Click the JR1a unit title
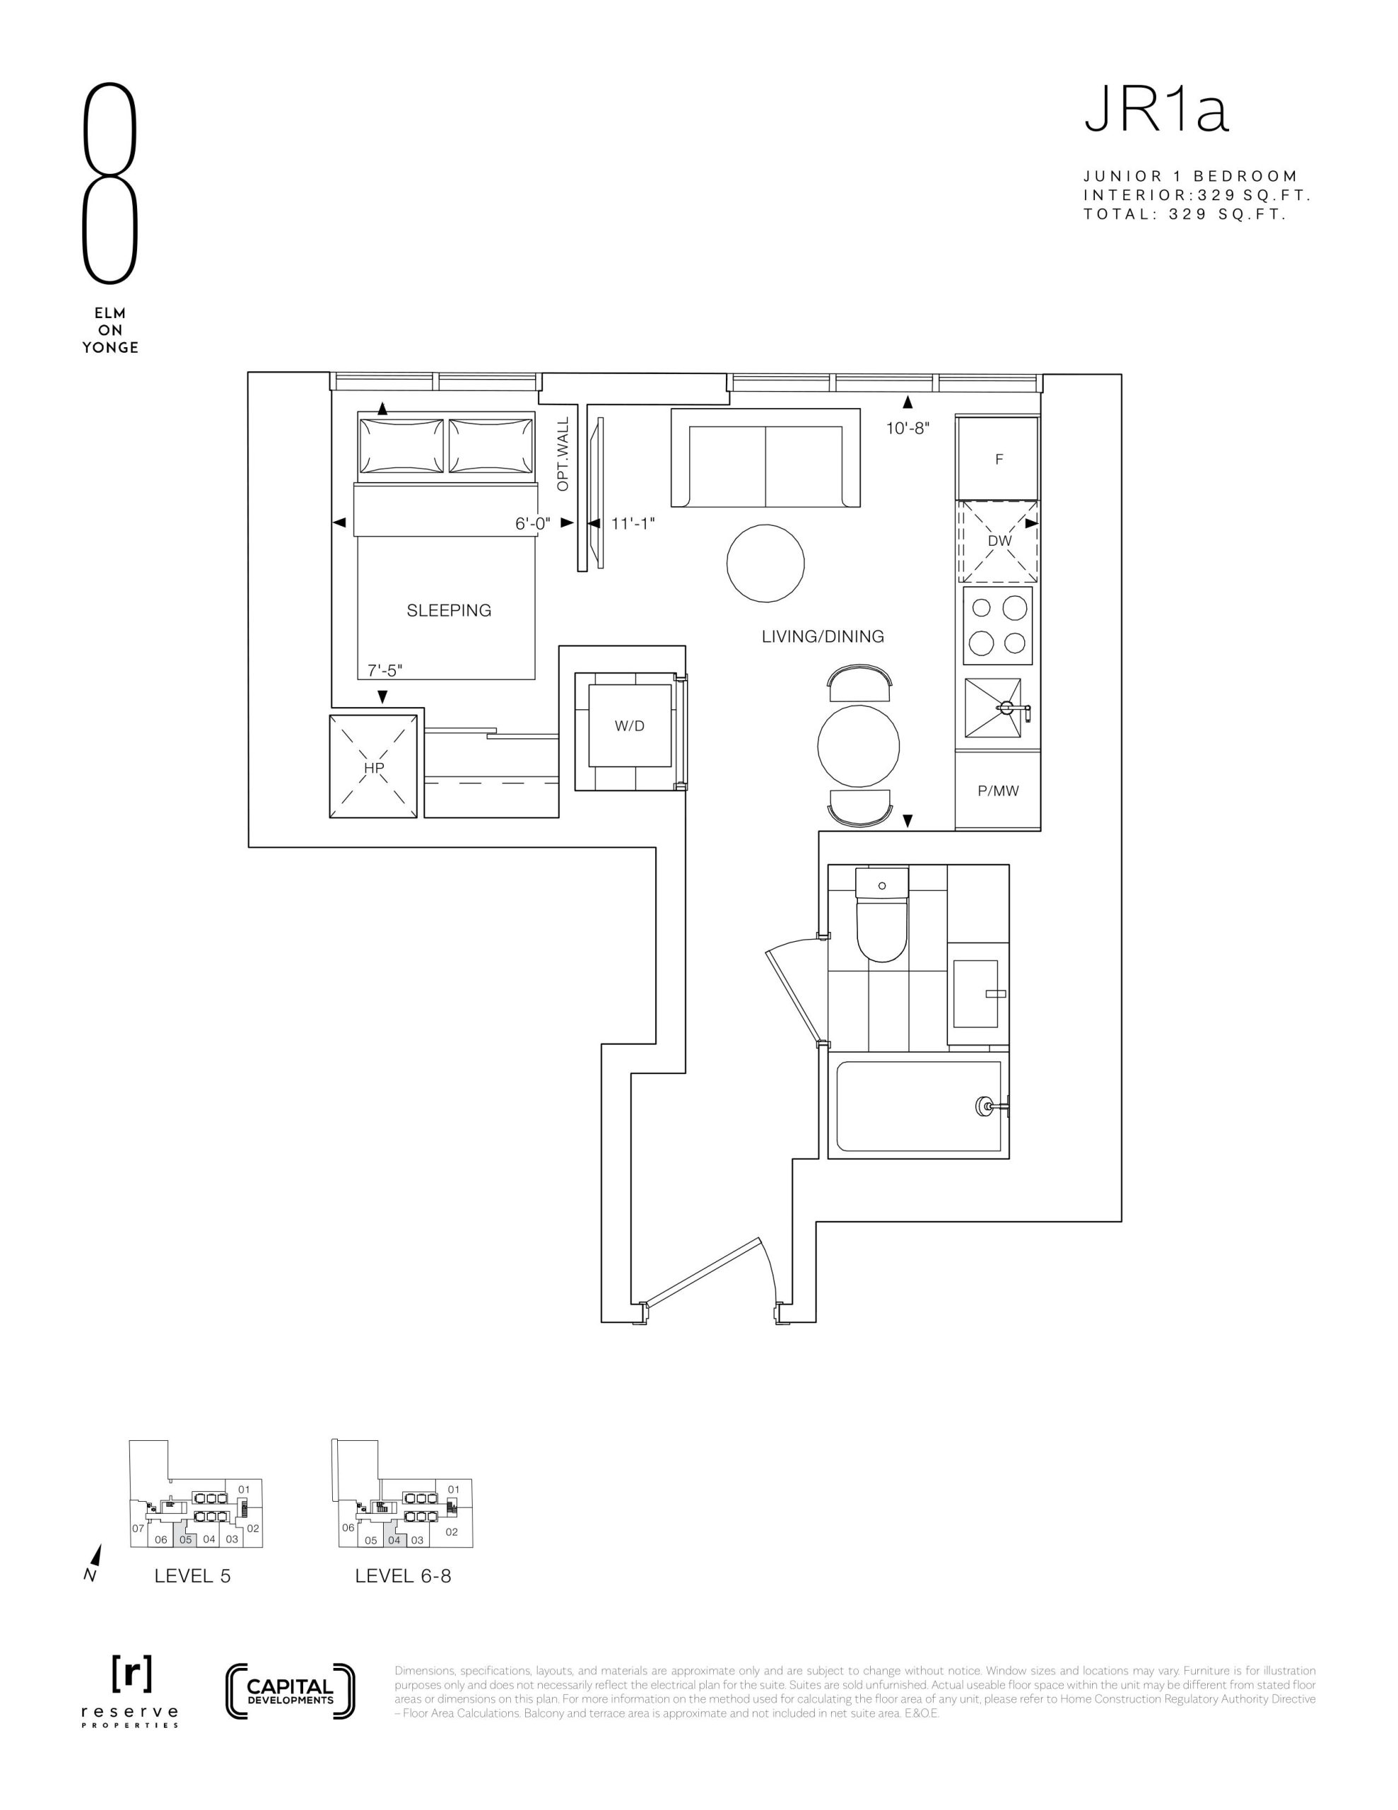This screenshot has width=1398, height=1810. tap(1156, 111)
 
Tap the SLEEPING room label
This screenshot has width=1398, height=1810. tap(448, 611)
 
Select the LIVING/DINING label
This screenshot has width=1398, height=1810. tap(823, 636)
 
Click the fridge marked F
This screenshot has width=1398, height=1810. tap(998, 458)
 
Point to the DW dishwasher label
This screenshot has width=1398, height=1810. tap(999, 541)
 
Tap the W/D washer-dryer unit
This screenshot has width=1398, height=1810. tap(630, 726)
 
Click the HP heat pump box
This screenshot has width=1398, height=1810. tap(374, 767)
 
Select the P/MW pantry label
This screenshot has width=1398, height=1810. tap(998, 790)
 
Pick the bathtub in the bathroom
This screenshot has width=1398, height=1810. tap(918, 1107)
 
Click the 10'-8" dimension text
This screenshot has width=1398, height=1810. tap(907, 428)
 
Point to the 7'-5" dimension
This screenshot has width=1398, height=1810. tap(385, 670)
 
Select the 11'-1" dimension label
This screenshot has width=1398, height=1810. tap(633, 524)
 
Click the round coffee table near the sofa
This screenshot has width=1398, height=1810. tap(765, 563)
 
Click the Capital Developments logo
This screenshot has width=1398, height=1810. tap(290, 1690)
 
